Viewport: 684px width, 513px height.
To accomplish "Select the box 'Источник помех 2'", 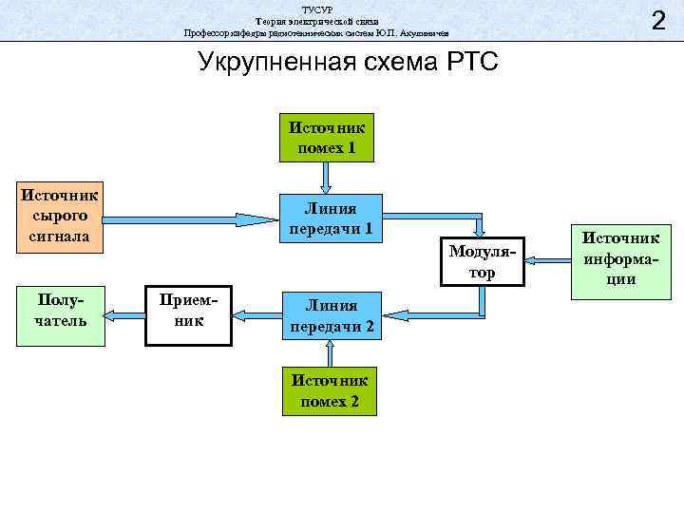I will [x=329, y=390].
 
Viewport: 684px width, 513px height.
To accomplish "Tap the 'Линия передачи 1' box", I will [x=329, y=219].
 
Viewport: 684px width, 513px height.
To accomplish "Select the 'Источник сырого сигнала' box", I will [x=59, y=218].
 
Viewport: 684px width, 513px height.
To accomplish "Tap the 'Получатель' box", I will [x=60, y=311].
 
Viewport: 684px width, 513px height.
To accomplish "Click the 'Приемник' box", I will [x=189, y=313].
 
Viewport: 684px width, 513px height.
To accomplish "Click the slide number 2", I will [x=656, y=20].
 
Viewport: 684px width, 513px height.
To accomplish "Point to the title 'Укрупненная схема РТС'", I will [x=348, y=63].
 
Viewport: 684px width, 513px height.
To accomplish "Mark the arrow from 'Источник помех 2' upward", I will [x=329, y=353].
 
